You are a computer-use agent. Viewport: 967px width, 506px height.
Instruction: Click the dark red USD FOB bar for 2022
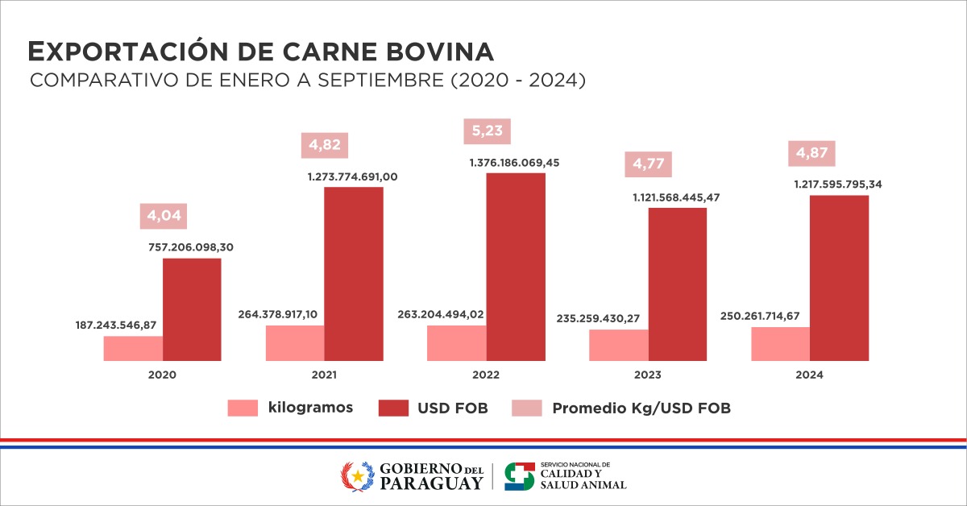click(516, 266)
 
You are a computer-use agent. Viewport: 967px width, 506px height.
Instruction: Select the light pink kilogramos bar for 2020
click(133, 348)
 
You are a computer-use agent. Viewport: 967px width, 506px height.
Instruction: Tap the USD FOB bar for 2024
click(839, 278)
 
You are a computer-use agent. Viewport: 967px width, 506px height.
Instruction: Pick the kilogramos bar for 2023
click(618, 345)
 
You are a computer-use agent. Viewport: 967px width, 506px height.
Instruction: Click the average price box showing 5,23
click(488, 132)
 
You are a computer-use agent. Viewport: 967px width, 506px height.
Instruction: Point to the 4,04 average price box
click(164, 216)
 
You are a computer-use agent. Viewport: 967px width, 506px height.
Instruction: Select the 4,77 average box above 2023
click(649, 164)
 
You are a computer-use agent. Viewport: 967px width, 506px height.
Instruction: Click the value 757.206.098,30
click(191, 248)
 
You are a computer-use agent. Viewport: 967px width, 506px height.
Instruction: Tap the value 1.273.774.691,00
click(353, 176)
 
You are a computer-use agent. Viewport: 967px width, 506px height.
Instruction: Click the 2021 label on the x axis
click(324, 375)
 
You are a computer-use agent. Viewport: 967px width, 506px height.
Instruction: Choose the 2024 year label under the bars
click(809, 375)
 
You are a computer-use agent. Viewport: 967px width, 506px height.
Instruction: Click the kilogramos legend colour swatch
click(242, 408)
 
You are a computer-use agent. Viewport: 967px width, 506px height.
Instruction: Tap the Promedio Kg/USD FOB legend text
click(641, 409)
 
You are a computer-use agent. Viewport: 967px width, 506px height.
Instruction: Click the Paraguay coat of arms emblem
click(358, 475)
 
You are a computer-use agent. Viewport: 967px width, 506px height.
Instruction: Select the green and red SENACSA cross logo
click(519, 475)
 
